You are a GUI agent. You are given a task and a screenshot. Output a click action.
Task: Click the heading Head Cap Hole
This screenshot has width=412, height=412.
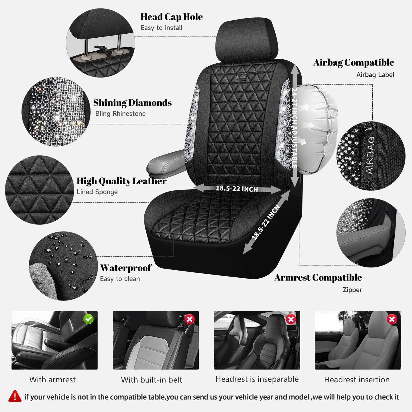point(171,17)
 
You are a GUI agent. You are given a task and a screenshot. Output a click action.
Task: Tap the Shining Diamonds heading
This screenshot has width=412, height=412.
point(132,103)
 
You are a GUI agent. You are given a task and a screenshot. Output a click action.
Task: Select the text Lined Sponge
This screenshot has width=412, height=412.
point(97,192)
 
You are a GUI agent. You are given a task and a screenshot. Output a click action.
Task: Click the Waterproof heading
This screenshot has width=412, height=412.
point(125,268)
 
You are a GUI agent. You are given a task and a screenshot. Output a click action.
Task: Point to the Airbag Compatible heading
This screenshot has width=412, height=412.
point(354,62)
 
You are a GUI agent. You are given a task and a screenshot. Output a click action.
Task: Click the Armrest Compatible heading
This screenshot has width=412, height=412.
point(318,277)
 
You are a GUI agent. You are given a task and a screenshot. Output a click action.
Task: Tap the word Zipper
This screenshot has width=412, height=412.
point(352,290)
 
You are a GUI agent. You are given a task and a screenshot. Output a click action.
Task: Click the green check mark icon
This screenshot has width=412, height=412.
point(88,319)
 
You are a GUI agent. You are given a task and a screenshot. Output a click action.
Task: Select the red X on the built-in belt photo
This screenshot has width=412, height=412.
point(190,319)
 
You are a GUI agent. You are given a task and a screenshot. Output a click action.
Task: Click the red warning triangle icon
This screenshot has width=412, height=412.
point(15,396)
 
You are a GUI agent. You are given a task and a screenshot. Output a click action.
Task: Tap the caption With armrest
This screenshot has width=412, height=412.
point(52,379)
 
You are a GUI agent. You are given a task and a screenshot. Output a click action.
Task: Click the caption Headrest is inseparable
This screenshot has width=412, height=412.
point(257,379)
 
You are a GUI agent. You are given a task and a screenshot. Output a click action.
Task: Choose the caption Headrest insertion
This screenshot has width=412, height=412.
point(357,379)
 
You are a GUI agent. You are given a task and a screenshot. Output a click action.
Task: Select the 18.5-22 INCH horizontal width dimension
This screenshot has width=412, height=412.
point(237,188)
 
